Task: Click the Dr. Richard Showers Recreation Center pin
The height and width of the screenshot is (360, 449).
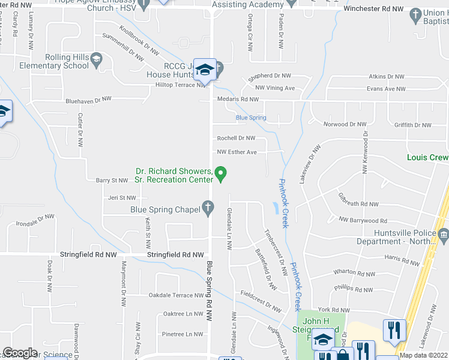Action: point(221,174)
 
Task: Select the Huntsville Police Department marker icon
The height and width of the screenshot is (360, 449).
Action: point(444,233)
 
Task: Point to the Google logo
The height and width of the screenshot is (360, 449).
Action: point(20,353)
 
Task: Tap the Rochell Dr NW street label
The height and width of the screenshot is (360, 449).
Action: point(237,138)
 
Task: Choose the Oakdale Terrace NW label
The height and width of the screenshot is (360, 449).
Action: point(176,295)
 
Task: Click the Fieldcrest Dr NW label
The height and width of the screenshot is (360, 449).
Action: point(261,302)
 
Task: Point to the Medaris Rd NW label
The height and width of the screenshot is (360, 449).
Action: point(237,99)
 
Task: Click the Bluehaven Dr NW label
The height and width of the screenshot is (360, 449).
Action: point(89,99)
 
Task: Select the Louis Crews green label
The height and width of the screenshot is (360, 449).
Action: point(427,157)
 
